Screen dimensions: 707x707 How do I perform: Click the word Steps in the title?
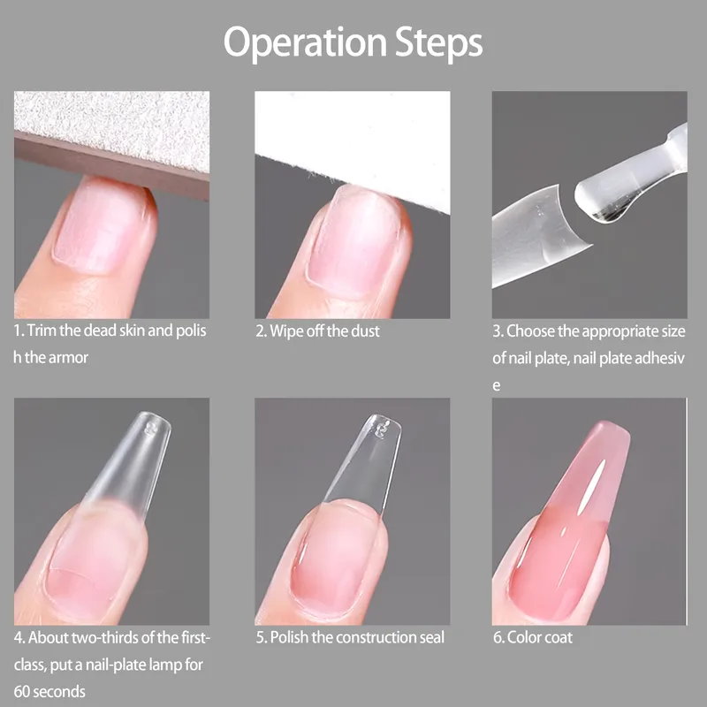(x=439, y=42)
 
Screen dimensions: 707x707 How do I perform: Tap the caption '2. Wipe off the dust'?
(x=317, y=331)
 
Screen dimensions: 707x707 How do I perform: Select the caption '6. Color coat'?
(x=533, y=637)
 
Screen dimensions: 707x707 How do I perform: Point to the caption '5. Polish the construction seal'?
(x=350, y=637)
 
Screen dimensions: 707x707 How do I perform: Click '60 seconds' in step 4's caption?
(x=49, y=692)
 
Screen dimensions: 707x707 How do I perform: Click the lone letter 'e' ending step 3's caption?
(x=497, y=386)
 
